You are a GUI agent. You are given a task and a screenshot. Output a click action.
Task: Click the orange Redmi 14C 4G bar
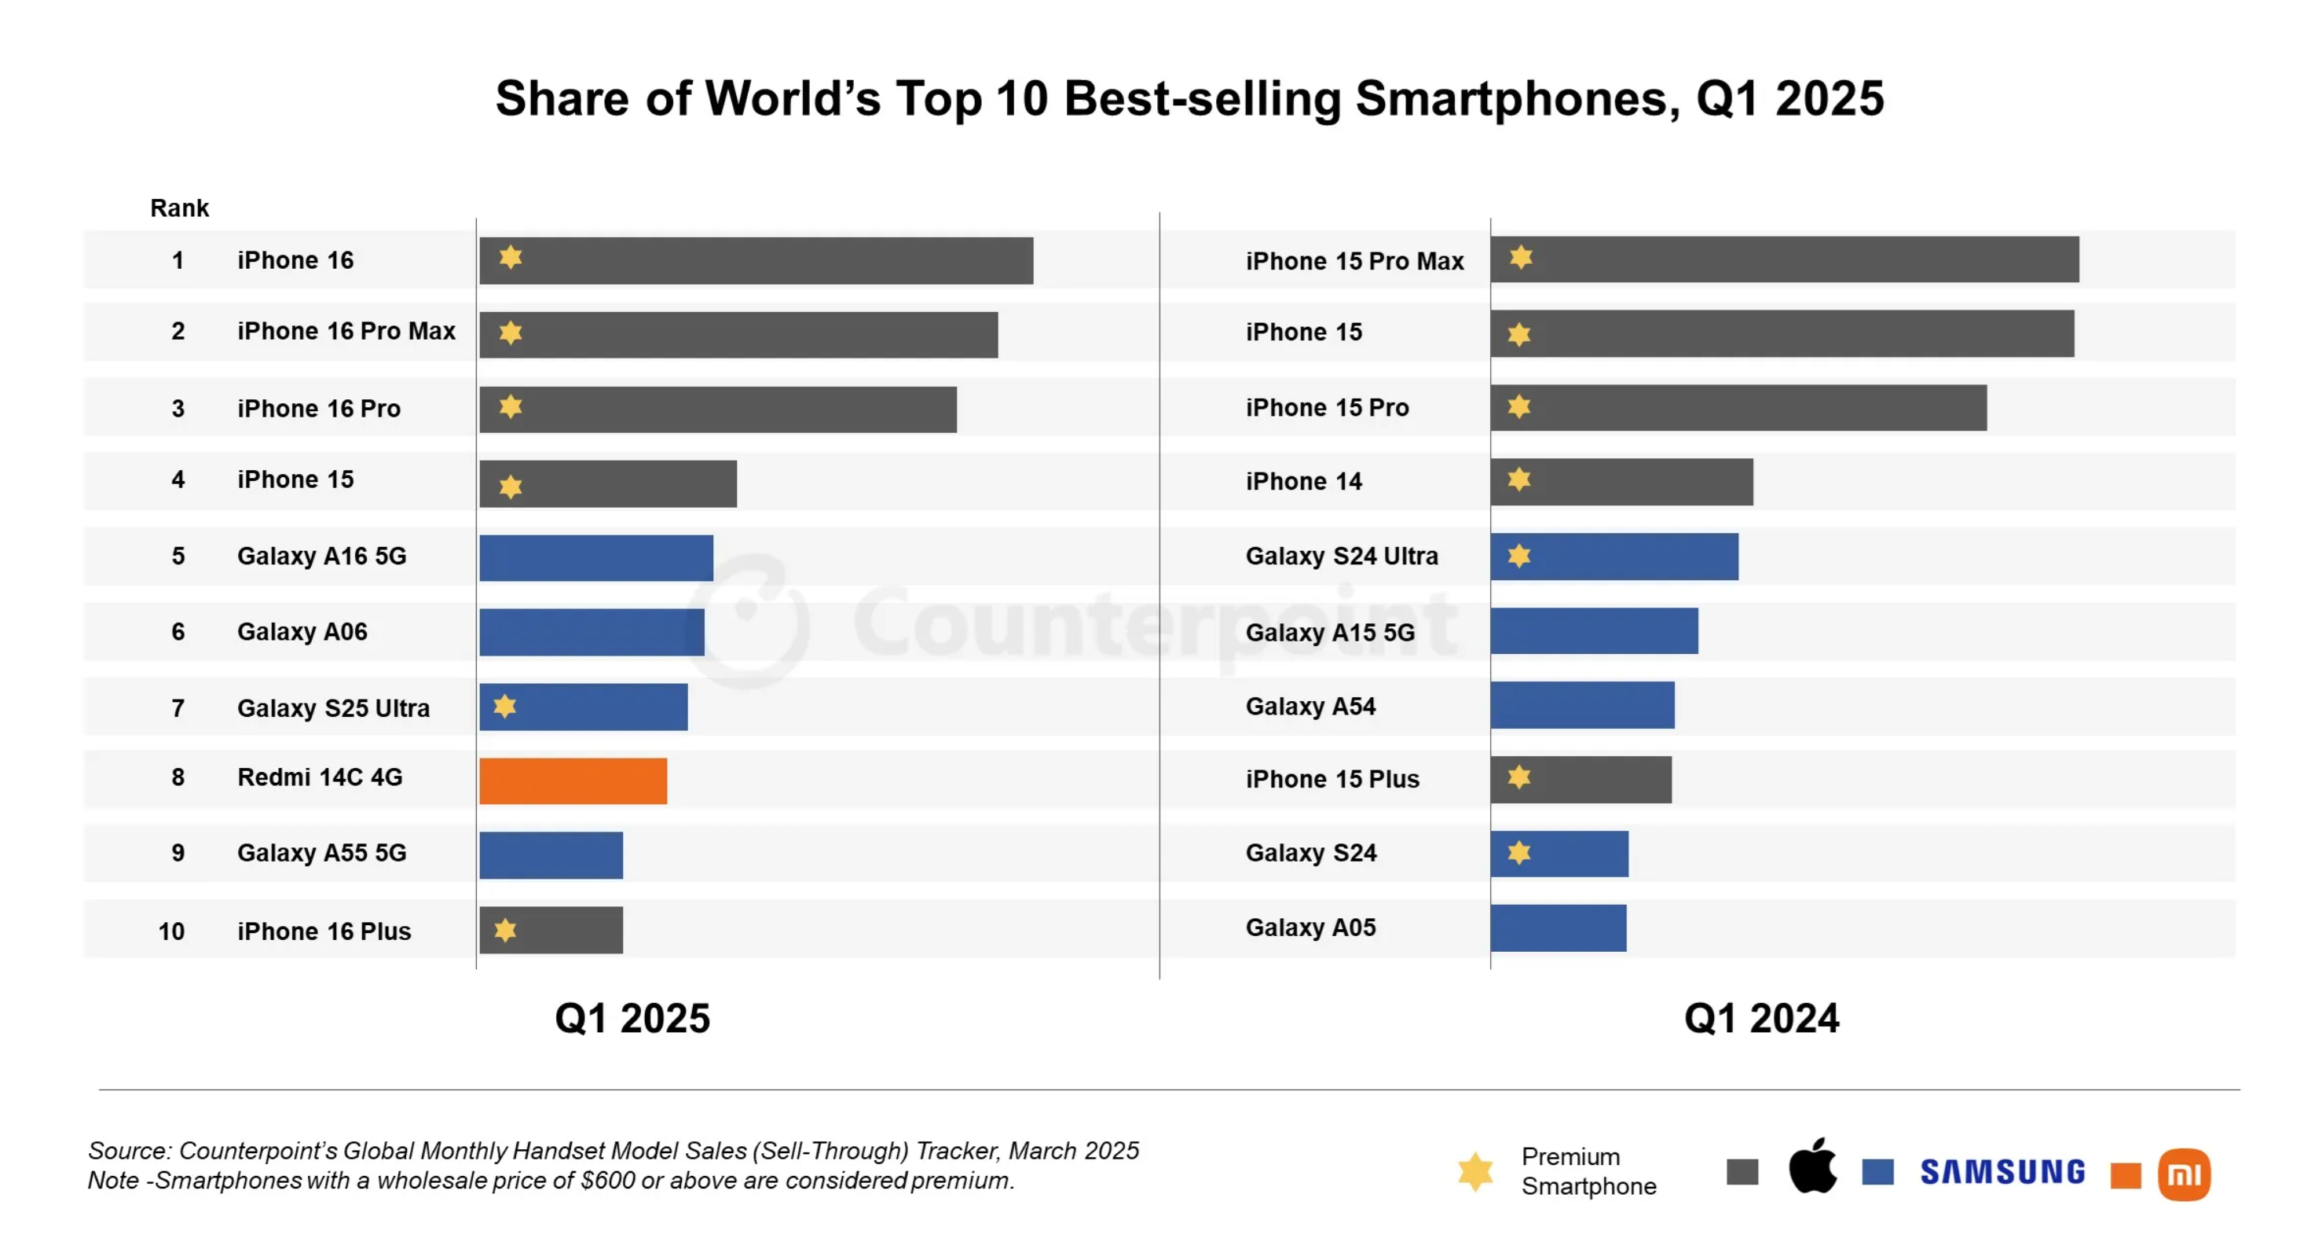573,781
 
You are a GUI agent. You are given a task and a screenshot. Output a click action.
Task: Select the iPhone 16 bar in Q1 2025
756,260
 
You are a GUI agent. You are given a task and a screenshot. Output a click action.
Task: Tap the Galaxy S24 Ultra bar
1614,557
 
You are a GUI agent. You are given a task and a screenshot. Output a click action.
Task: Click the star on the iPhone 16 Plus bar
505,930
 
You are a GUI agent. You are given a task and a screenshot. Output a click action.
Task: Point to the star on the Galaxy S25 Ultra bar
505,706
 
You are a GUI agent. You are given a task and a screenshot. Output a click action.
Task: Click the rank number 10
172,931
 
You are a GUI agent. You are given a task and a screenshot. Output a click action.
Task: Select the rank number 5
178,556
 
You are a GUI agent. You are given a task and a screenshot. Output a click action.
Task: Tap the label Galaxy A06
302,632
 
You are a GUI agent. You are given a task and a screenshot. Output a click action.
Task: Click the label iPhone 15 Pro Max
1354,261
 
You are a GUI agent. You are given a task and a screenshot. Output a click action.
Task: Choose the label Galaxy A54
1310,706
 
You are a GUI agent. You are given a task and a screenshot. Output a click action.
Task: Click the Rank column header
179,208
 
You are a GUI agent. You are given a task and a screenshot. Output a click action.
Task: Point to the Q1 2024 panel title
1761,1018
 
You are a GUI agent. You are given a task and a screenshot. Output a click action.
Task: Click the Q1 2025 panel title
632,1018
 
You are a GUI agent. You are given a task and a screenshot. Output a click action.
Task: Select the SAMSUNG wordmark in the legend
2002,1172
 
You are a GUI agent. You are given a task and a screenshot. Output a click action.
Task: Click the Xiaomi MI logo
2183,1175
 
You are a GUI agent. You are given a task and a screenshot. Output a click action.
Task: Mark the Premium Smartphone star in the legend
1476,1171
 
